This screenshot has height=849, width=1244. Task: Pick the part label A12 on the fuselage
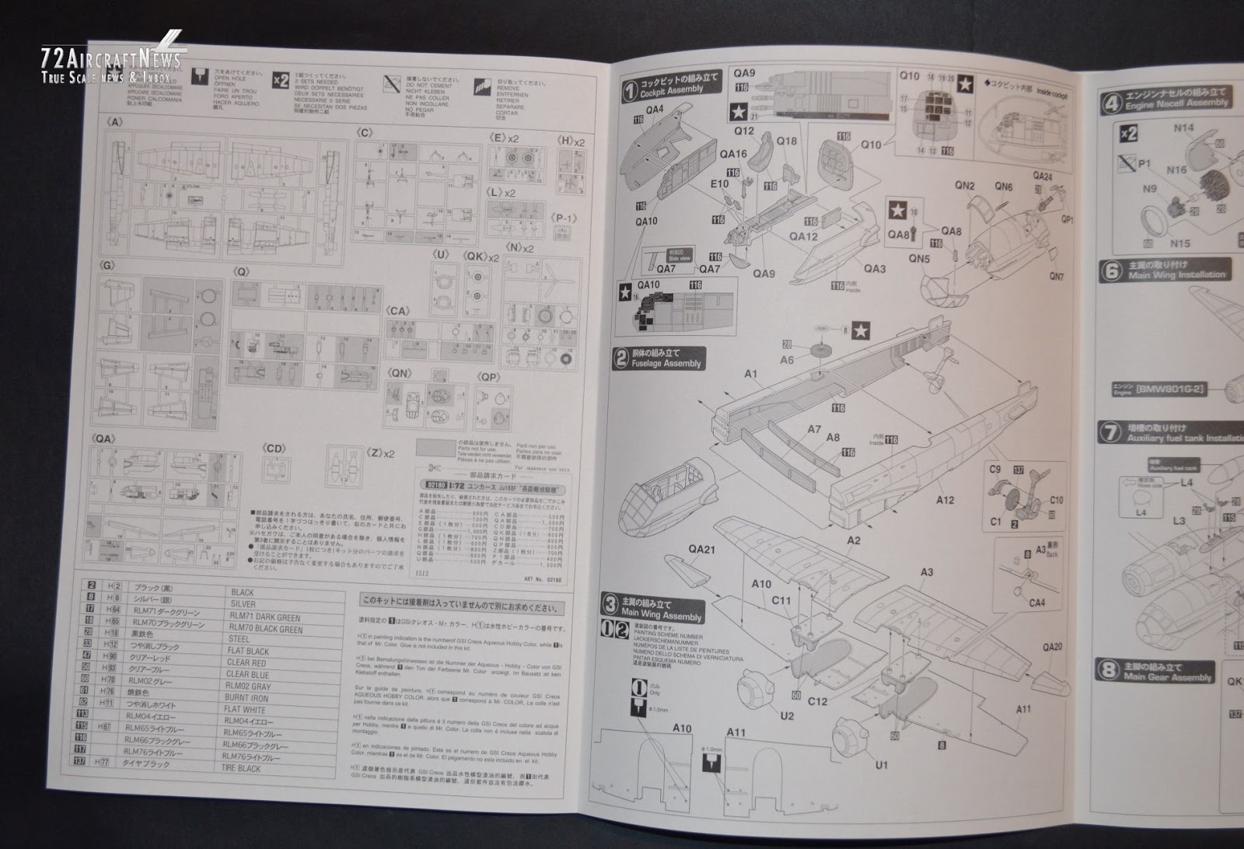pyautogui.click(x=945, y=500)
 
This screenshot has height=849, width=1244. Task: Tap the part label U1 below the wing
pyautogui.click(x=881, y=765)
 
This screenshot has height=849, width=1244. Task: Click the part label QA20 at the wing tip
pyautogui.click(x=1053, y=647)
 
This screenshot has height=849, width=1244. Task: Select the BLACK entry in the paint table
pyautogui.click(x=243, y=592)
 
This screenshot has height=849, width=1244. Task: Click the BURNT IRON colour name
pyautogui.click(x=247, y=697)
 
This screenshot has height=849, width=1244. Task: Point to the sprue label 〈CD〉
pyautogui.click(x=274, y=448)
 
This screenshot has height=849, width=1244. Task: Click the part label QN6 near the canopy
pyautogui.click(x=1004, y=187)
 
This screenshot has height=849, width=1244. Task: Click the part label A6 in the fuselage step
pyautogui.click(x=787, y=359)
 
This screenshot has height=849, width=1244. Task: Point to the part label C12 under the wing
pyautogui.click(x=817, y=702)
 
